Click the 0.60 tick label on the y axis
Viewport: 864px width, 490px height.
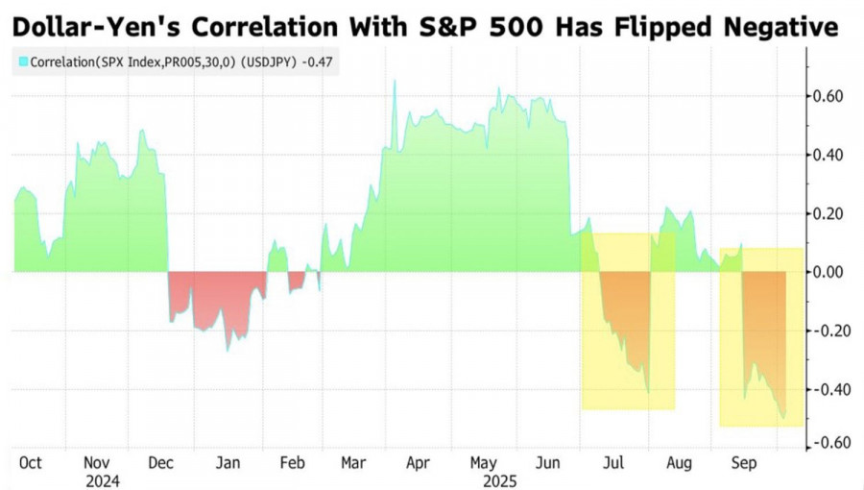pos(827,96)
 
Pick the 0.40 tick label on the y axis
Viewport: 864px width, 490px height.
pos(827,155)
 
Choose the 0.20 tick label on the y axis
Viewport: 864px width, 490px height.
pos(827,213)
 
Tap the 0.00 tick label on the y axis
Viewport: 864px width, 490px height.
pos(827,272)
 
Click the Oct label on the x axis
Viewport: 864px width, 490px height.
pos(31,462)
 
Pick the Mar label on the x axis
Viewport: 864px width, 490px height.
pos(354,462)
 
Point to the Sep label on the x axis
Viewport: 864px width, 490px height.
pos(745,462)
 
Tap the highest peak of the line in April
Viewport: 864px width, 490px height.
pos(395,81)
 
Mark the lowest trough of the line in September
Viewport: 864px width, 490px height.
pos(782,418)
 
